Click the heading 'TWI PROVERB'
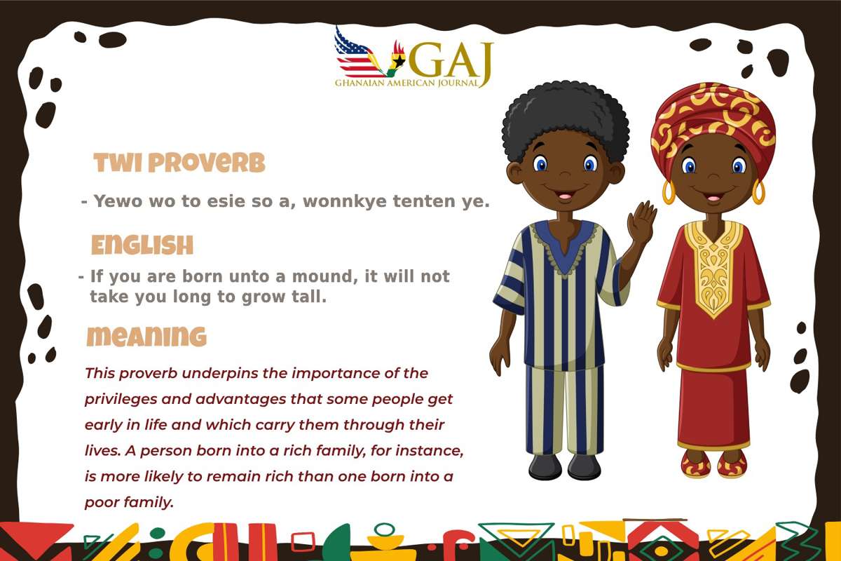point(179,163)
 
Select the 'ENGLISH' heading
point(142,245)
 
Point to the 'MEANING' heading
point(146,337)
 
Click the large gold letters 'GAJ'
point(451,60)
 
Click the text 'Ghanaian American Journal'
point(406,83)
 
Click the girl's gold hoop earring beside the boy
point(669,192)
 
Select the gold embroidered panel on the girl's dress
point(713,266)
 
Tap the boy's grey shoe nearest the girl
point(584,466)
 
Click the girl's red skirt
point(713,407)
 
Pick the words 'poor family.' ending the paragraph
point(129,503)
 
